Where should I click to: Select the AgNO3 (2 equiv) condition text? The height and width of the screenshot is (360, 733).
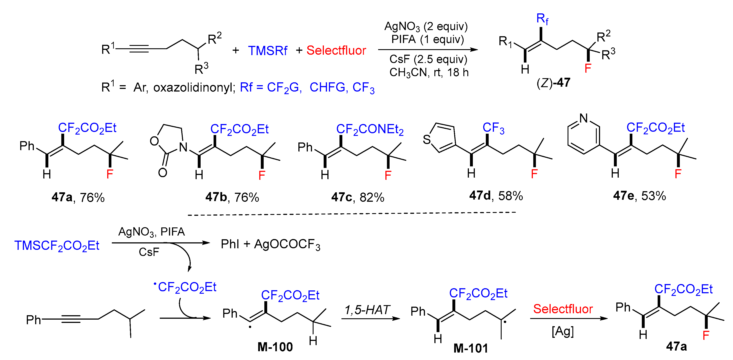pos(426,26)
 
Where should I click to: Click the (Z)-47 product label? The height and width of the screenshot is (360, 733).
pos(553,83)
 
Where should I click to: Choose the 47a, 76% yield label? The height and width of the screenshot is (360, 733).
pos(78,197)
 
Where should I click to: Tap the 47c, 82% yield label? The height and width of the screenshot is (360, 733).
pos(358,197)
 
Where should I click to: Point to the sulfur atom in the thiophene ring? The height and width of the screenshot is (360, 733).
pos(426,140)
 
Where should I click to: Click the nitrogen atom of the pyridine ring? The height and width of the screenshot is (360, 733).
pos(584,118)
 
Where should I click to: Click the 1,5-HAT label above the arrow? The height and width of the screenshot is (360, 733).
pos(367,310)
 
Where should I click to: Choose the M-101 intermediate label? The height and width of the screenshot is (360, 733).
pos(471,348)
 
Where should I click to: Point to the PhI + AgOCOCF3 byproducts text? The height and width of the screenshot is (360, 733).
pos(270,245)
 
